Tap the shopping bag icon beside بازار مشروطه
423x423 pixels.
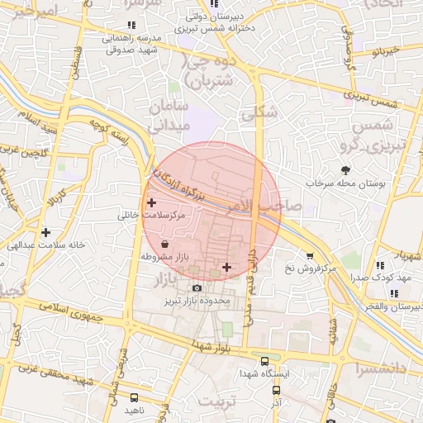[x=165, y=245]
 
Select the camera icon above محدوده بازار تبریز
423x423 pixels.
[x=197, y=288]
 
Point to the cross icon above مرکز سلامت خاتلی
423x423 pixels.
[x=150, y=202]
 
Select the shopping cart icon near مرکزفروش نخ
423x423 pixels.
[x=310, y=256]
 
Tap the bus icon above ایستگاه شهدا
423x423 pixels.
[x=264, y=361]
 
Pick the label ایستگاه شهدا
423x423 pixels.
[x=264, y=373]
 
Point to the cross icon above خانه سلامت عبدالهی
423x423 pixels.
[x=46, y=232]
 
